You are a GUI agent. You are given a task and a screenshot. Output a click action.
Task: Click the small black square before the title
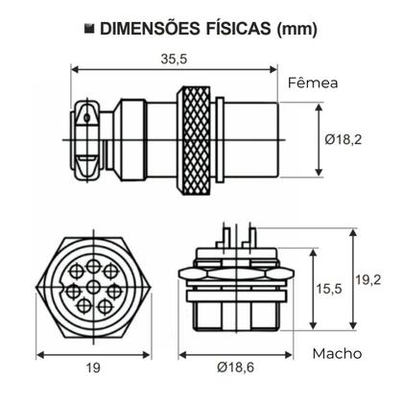click(x=87, y=29)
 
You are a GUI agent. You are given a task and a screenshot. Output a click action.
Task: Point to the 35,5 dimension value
click(x=175, y=59)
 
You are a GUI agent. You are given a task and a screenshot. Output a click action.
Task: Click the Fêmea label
click(x=313, y=83)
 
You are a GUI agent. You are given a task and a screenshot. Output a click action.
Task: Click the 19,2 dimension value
click(x=369, y=279)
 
